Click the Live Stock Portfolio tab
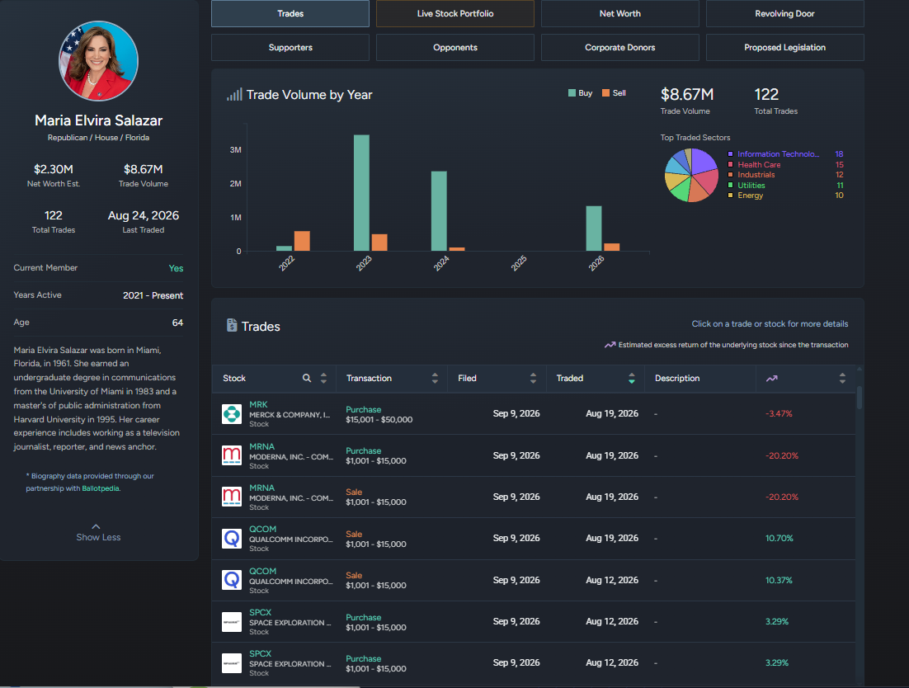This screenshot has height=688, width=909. coord(455,13)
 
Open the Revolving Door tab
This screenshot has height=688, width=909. coord(785,13)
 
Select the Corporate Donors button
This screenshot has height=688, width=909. coord(619,48)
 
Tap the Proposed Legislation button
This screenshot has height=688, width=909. coord(785,48)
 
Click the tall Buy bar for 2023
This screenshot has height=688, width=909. coord(361,193)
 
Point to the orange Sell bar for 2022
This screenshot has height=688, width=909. coord(302,241)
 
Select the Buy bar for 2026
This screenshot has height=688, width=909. coord(594,229)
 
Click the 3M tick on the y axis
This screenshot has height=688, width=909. coord(235,149)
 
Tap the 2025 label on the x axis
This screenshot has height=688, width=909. coord(519,263)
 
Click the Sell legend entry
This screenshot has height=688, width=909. coord(614,92)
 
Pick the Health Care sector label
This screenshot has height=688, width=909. coord(759,165)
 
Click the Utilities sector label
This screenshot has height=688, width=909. coord(751,186)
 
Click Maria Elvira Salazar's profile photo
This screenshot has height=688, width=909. coord(98,61)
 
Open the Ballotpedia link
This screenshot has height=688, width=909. coord(101,488)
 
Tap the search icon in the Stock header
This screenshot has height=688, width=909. coord(307,379)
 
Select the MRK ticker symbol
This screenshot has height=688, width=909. coord(258,404)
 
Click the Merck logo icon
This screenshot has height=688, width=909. coord(232,414)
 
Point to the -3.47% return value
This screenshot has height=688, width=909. coord(779,414)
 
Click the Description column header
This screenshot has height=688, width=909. coord(677,379)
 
